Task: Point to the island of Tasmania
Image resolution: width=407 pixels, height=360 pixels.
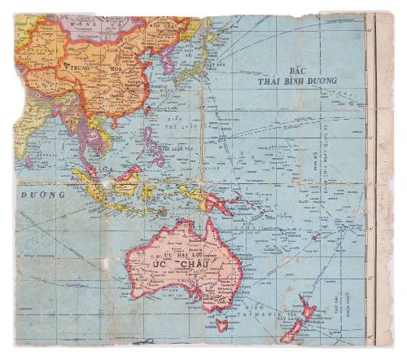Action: [222, 324]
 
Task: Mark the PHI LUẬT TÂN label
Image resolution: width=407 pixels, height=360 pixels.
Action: [175, 149]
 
